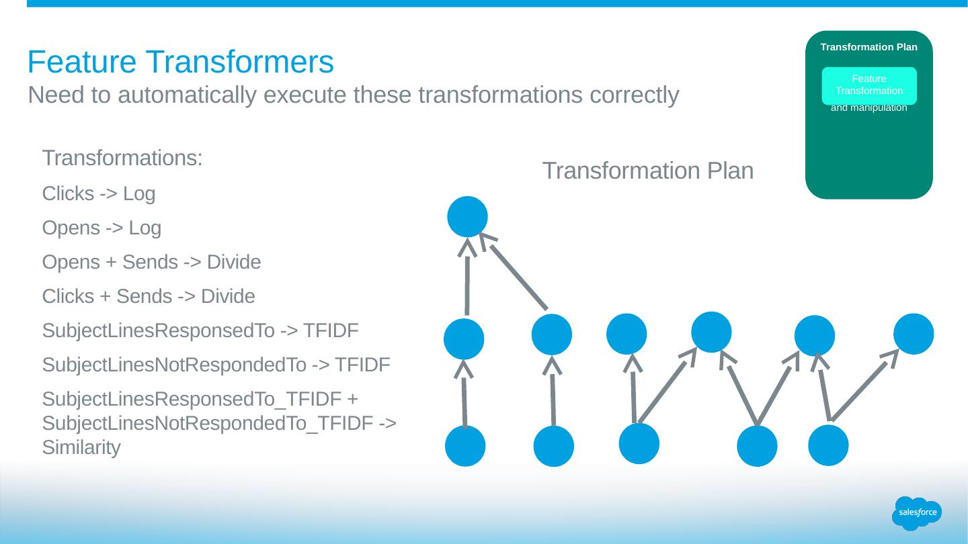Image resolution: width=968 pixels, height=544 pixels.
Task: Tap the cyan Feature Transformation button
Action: pos(869,85)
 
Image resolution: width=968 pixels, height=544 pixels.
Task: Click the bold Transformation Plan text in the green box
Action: pos(869,47)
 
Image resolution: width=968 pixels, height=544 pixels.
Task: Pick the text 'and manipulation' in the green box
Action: pos(869,107)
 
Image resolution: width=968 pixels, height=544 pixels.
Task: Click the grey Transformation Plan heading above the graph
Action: pos(647,171)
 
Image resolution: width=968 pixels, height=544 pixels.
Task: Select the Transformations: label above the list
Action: pos(122,159)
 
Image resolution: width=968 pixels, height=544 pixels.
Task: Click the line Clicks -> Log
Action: pos(98,194)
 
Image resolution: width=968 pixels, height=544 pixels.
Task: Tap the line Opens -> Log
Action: pos(102,228)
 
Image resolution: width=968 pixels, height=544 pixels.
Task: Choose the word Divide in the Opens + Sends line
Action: pos(233,263)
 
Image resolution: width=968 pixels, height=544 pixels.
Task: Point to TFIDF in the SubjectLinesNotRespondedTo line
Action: pos(362,365)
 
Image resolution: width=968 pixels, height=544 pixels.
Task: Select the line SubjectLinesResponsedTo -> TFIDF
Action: pos(200,331)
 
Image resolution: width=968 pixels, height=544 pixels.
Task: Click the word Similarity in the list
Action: pos(81,448)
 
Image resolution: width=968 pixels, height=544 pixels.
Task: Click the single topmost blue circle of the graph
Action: pos(467,216)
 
